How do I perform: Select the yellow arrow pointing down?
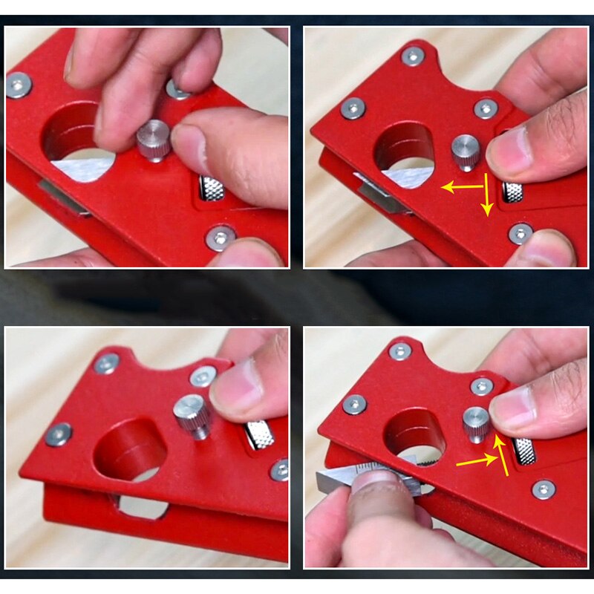[x=486, y=196]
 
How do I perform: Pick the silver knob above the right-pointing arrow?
[x=476, y=423]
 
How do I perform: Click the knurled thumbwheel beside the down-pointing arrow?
[x=512, y=192]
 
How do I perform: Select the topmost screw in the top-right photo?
[x=413, y=56]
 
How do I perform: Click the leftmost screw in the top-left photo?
[x=19, y=85]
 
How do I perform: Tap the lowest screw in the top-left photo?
[x=221, y=238]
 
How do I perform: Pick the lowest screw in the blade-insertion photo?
[x=544, y=489]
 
